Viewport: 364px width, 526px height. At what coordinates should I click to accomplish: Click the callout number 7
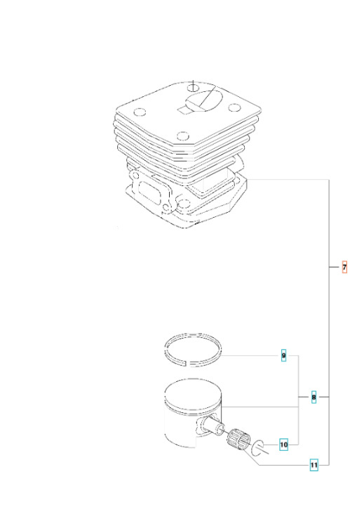pos(344,268)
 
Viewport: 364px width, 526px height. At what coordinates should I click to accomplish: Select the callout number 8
pos(314,397)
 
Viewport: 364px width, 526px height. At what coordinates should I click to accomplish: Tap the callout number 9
pos(283,356)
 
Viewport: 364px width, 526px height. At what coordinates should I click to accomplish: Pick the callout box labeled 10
pos(284,445)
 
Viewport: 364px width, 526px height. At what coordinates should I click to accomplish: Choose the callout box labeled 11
pos(314,464)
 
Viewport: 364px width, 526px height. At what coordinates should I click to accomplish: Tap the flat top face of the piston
pos(192,392)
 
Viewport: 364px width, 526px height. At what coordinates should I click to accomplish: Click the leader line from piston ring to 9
pos(252,356)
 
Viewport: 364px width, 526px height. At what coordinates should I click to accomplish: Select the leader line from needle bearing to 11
pos(281,465)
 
